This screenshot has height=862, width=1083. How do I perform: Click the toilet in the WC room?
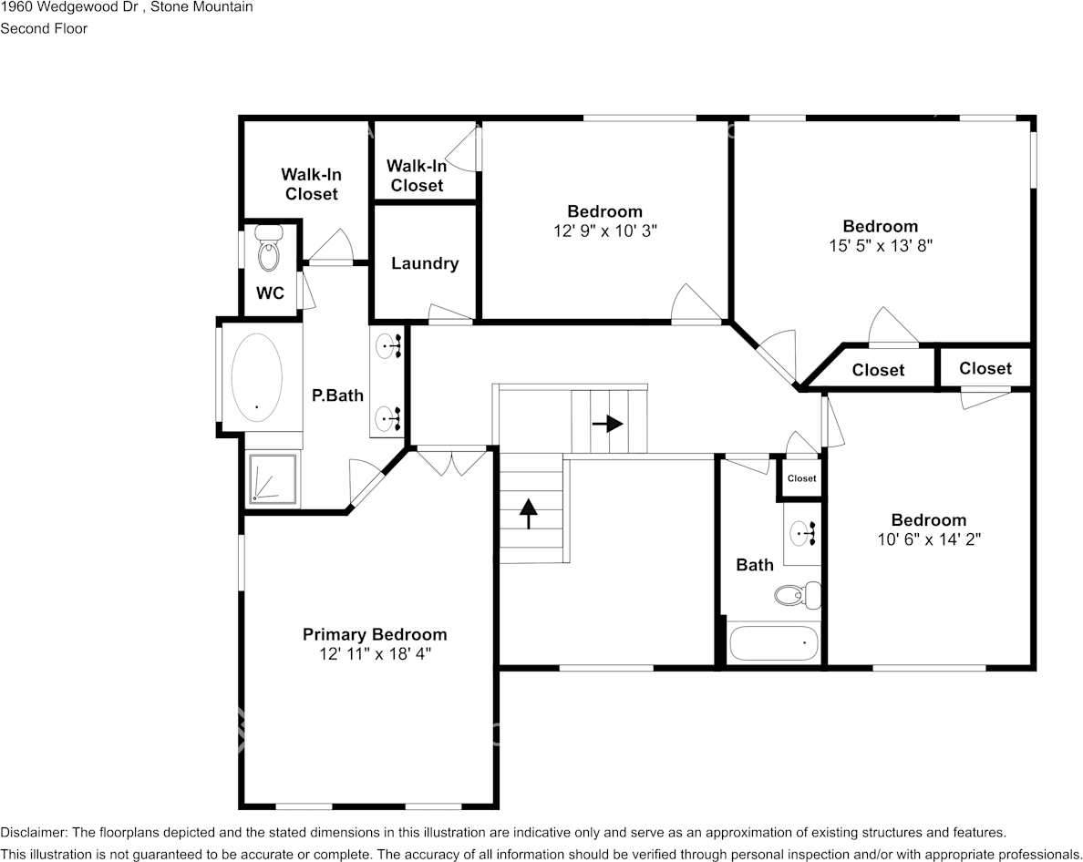click(x=269, y=248)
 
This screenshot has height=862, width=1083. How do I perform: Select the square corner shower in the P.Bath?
click(x=273, y=477)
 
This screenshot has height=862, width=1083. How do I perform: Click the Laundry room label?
click(x=425, y=263)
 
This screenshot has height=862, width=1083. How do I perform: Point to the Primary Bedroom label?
click(x=375, y=634)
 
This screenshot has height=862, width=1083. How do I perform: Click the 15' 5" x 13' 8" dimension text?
click(x=881, y=245)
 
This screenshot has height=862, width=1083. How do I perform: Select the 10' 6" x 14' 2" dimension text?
click(x=929, y=539)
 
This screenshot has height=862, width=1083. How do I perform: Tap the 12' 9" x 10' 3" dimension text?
click(x=605, y=231)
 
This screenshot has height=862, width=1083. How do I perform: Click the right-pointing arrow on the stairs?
click(x=608, y=423)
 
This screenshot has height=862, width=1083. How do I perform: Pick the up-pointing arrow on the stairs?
click(x=529, y=514)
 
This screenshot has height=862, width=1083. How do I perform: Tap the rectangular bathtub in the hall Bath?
click(x=774, y=642)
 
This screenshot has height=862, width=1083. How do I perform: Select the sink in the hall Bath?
click(x=802, y=532)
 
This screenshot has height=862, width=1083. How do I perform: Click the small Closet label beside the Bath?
click(x=802, y=478)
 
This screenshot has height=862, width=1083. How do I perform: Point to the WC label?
click(x=270, y=293)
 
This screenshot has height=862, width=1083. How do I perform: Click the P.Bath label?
click(x=337, y=395)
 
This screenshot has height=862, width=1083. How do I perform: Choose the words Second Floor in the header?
click(x=44, y=28)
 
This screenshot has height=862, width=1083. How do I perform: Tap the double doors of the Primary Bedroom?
click(x=452, y=462)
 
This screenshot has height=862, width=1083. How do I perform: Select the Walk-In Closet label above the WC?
click(x=312, y=184)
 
